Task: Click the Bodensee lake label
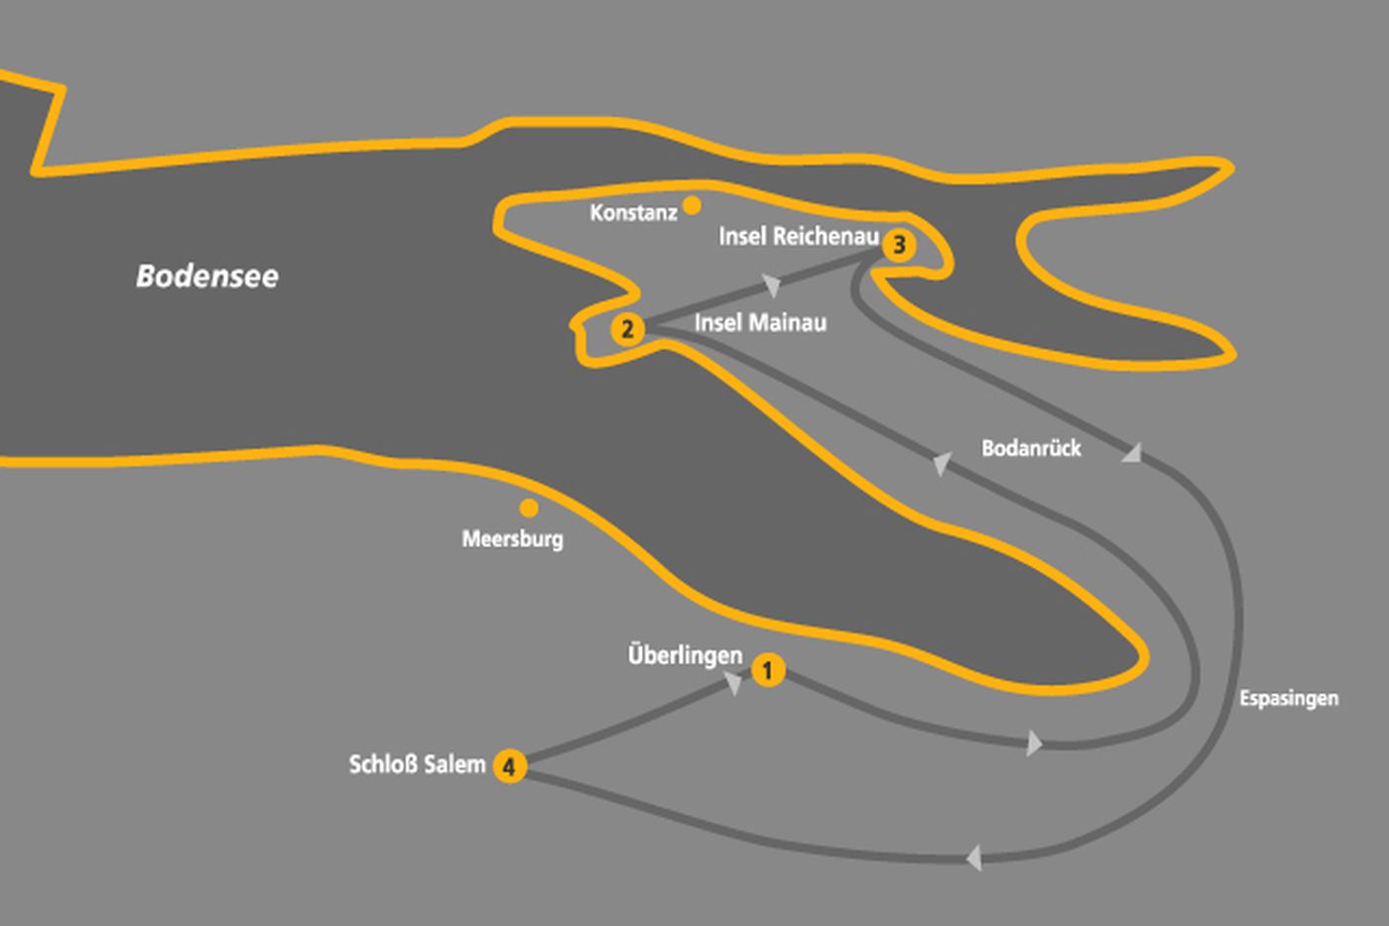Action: pyautogui.click(x=207, y=276)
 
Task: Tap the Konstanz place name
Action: pyautogui.click(x=633, y=212)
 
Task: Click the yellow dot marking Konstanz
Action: pyautogui.click(x=692, y=205)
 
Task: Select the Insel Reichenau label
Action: pyautogui.click(x=799, y=236)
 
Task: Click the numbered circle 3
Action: pyautogui.click(x=899, y=244)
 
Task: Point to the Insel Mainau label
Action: pyautogui.click(x=760, y=322)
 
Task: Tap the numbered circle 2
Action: pyautogui.click(x=626, y=328)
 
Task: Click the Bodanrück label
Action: pyautogui.click(x=1031, y=448)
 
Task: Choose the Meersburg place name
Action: pyautogui.click(x=512, y=539)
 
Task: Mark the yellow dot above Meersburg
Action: pyautogui.click(x=529, y=509)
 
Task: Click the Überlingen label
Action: pyautogui.click(x=685, y=655)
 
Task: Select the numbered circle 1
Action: pyautogui.click(x=767, y=671)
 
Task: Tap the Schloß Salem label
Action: pyautogui.click(x=418, y=764)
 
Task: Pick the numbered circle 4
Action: pyautogui.click(x=509, y=765)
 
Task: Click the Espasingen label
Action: pyautogui.click(x=1288, y=698)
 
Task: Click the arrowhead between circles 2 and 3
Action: pyautogui.click(x=773, y=286)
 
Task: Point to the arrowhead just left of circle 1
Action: pyautogui.click(x=734, y=682)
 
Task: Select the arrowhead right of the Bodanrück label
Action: pyautogui.click(x=1131, y=453)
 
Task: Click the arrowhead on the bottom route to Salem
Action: pyautogui.click(x=974, y=857)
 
